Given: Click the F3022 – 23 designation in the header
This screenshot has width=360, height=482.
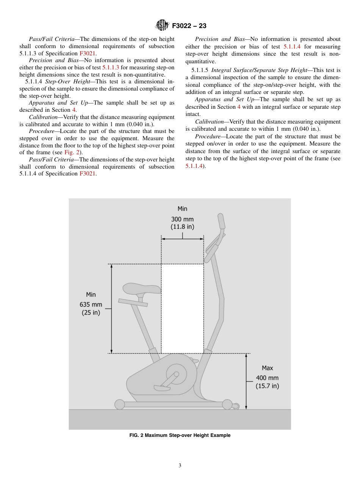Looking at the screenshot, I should (x=189, y=26).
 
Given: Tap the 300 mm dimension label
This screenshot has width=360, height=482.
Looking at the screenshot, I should (x=182, y=219).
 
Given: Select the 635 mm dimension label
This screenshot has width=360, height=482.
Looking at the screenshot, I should (x=91, y=304).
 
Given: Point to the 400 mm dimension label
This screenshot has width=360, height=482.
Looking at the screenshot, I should (x=267, y=378).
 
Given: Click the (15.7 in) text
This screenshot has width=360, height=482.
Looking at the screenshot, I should (x=267, y=386).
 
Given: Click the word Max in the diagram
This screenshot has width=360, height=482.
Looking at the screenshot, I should (x=267, y=368).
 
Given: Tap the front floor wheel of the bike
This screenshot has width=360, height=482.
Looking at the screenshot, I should (x=227, y=404).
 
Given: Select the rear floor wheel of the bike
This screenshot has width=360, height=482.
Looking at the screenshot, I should (x=119, y=404).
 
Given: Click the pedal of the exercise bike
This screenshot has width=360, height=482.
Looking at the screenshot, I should (x=162, y=388).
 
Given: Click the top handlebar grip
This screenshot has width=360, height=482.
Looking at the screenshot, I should (x=221, y=221).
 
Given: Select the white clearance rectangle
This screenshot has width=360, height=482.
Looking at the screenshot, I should (x=182, y=308).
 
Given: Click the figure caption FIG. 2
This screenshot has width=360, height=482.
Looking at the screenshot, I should (x=180, y=435).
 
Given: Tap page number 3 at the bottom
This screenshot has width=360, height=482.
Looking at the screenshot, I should (x=180, y=466).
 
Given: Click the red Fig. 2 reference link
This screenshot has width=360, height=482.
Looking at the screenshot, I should (x=71, y=152).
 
